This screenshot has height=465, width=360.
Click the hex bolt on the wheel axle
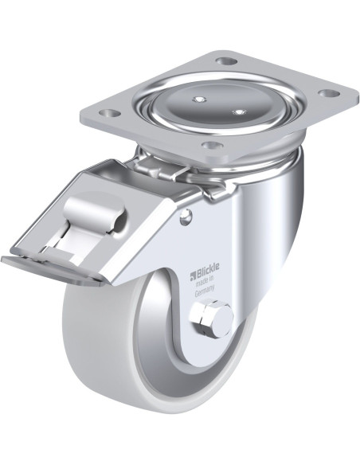212,320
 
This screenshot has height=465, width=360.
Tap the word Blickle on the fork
207,268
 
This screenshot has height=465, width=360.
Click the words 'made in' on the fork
204,280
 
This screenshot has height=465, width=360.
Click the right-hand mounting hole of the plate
329,93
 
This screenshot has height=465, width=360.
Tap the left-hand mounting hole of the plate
110,113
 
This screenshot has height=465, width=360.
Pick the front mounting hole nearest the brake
212,145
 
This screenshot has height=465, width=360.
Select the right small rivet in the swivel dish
239,112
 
